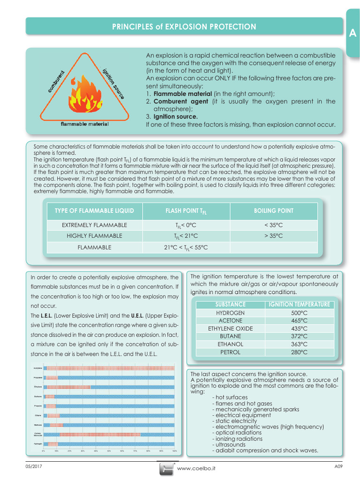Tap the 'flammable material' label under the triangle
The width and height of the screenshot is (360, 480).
click(85, 124)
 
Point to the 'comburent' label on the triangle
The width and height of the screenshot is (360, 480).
click(56, 81)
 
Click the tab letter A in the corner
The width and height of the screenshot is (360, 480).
click(352, 33)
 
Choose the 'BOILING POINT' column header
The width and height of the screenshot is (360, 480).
click(274, 211)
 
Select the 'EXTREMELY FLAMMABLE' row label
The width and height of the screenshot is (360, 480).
click(94, 225)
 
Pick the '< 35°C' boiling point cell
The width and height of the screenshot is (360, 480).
click(274, 225)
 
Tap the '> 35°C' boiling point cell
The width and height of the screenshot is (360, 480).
click(274, 236)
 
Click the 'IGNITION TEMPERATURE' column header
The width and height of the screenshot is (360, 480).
click(299, 305)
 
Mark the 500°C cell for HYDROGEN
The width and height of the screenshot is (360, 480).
click(299, 313)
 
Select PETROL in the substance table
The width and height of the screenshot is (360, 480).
click(230, 352)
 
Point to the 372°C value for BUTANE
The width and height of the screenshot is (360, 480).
click(299, 336)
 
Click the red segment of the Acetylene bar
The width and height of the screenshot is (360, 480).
click(110, 368)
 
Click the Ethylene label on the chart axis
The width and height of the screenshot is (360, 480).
click(38, 387)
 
